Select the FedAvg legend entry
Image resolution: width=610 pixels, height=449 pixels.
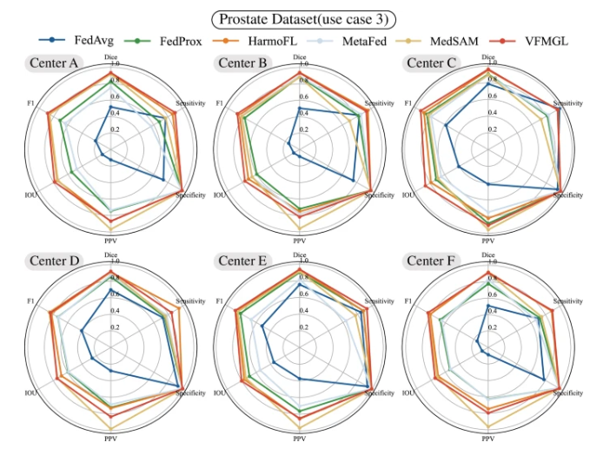(x=85, y=40)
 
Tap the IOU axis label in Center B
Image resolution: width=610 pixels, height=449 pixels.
(x=219, y=195)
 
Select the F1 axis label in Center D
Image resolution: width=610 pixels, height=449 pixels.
(x=30, y=301)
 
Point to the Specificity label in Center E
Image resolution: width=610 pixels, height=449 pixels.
(x=380, y=393)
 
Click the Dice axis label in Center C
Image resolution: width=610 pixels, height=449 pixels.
(x=488, y=57)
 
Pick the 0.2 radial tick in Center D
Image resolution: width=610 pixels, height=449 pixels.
(x=116, y=327)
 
